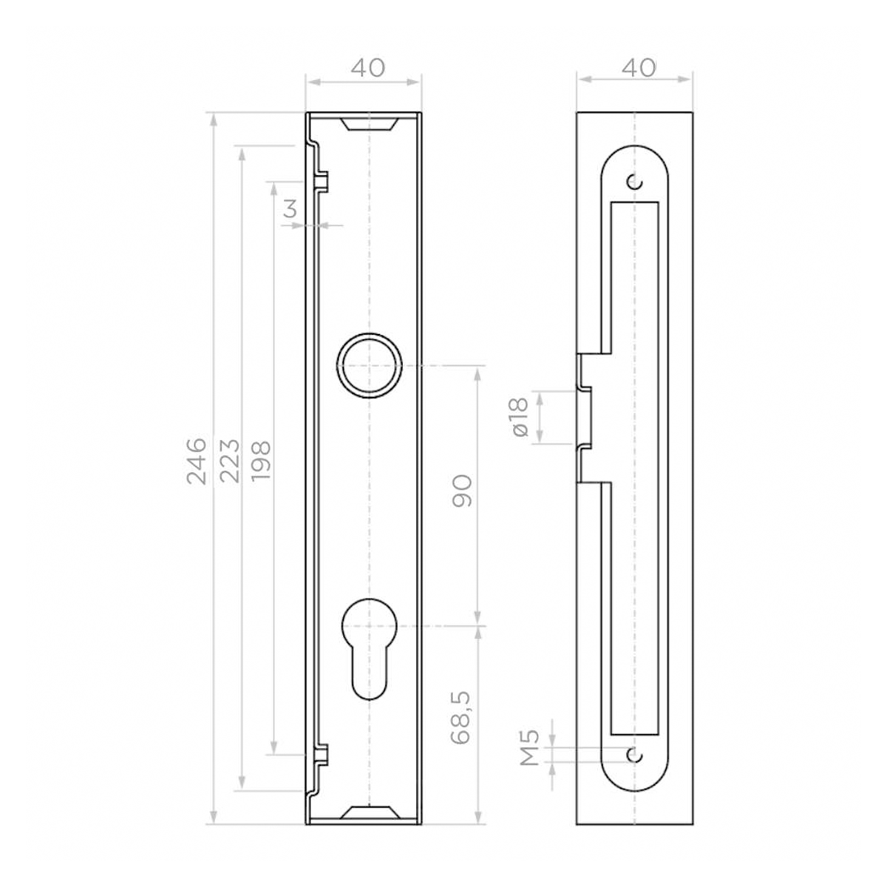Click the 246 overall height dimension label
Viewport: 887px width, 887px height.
point(196,460)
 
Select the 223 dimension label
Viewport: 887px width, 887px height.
point(229,460)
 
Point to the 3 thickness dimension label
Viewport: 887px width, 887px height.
point(290,209)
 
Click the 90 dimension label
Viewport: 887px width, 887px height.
point(462,492)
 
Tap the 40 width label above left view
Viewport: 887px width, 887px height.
point(367,68)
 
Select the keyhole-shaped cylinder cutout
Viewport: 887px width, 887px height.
point(369,647)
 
